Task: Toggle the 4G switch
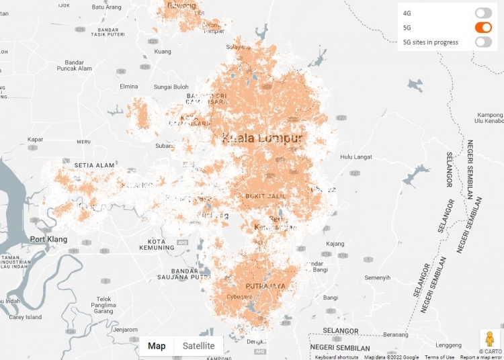[x=483, y=13]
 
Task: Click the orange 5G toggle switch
[x=483, y=28]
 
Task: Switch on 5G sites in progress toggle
[x=483, y=42]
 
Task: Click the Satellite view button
[x=199, y=346]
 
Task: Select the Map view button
[x=157, y=346]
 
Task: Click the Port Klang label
[x=49, y=238]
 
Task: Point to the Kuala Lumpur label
[x=262, y=138]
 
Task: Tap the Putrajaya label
[x=265, y=285]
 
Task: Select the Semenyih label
[x=377, y=277]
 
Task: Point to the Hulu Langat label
[x=355, y=156]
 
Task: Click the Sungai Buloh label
[x=171, y=87]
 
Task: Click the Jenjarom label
[x=125, y=330]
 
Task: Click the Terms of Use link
[x=439, y=357]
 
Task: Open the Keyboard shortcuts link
[x=337, y=357]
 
